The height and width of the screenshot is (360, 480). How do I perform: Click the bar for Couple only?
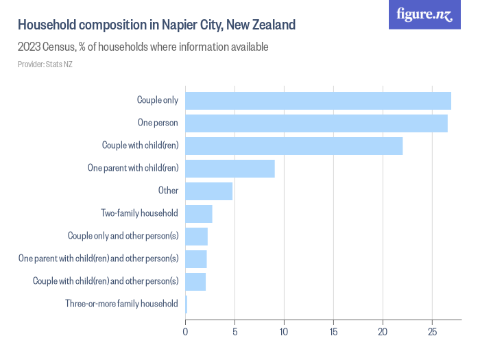click(317, 100)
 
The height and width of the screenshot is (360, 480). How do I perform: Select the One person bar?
click(316, 123)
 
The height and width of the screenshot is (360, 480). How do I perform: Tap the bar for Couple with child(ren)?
click(293, 146)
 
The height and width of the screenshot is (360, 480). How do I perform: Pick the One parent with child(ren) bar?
click(230, 169)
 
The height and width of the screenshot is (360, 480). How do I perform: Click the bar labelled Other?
click(208, 191)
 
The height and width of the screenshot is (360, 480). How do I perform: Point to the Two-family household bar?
click(198, 213)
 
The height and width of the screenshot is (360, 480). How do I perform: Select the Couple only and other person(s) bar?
click(196, 236)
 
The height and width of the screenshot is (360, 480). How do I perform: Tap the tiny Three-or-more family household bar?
click(186, 304)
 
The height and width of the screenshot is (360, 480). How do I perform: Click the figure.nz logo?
click(425, 14)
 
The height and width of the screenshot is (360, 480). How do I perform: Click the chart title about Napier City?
click(157, 25)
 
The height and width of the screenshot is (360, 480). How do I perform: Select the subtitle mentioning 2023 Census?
click(143, 47)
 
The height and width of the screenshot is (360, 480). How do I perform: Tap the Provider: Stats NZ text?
click(45, 64)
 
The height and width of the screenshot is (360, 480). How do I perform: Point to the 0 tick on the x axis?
click(185, 332)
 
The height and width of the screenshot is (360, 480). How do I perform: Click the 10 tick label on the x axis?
click(284, 332)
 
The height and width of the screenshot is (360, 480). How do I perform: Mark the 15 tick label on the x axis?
click(333, 332)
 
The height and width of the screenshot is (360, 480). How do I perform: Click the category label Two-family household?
click(139, 213)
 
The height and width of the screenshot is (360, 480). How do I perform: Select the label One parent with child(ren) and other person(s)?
click(99, 259)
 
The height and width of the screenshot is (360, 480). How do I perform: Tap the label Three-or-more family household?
click(121, 304)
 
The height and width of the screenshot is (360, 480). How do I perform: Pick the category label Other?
click(168, 191)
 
